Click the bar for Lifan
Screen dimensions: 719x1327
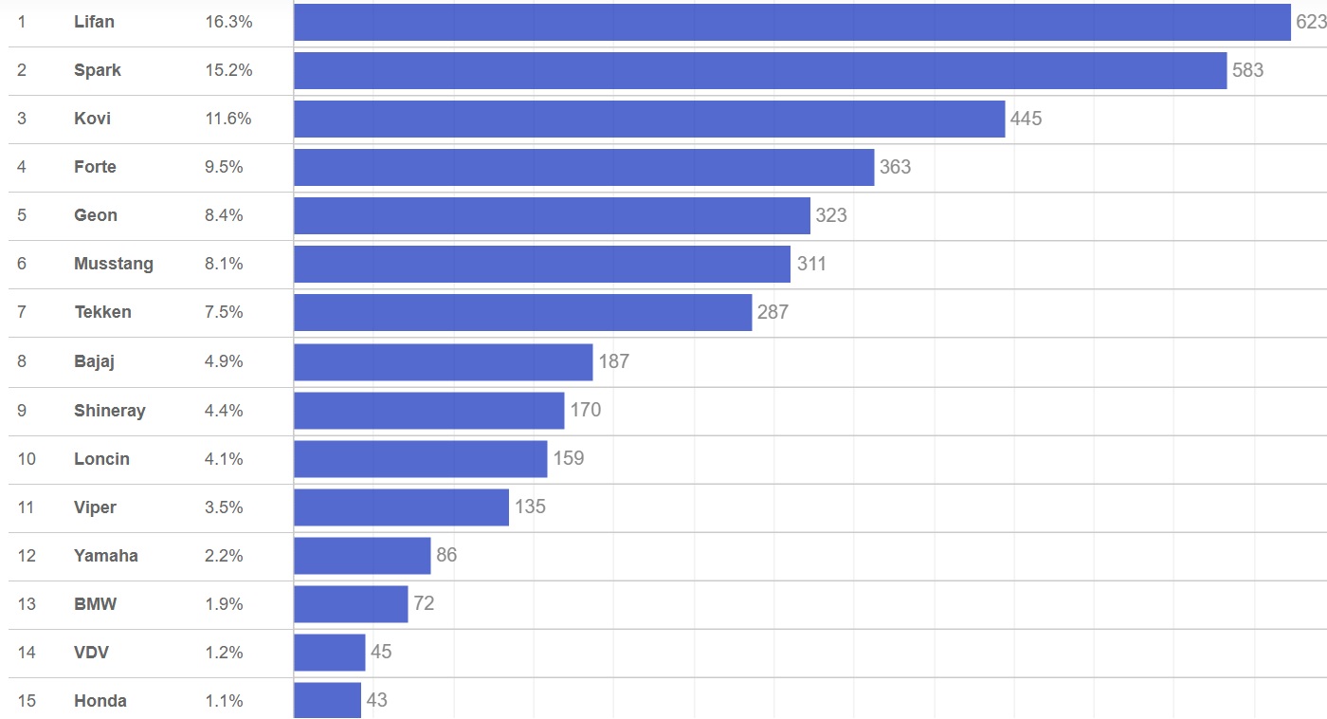791,22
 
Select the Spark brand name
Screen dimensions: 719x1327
98,70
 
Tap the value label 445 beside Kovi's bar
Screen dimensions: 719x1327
1026,119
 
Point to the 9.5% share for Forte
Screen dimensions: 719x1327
224,167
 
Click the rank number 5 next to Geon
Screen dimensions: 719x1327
22,215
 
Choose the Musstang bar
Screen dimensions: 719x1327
541,264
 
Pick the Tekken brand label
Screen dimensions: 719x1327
102,312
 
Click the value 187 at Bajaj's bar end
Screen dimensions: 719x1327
613,361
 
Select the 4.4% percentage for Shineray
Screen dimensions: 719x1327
224,411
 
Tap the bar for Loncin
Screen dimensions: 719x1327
420,459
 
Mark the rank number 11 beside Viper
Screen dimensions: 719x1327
26,507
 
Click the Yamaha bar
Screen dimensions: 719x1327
362,556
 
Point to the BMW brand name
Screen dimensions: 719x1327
96,604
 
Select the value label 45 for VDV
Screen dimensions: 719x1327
381,653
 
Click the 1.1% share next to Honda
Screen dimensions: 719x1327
224,701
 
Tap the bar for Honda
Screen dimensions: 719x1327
327,701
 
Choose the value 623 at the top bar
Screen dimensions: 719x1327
1311,22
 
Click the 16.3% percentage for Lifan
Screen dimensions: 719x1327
228,22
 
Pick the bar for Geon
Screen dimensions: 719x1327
552,215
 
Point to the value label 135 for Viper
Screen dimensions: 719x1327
530,507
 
